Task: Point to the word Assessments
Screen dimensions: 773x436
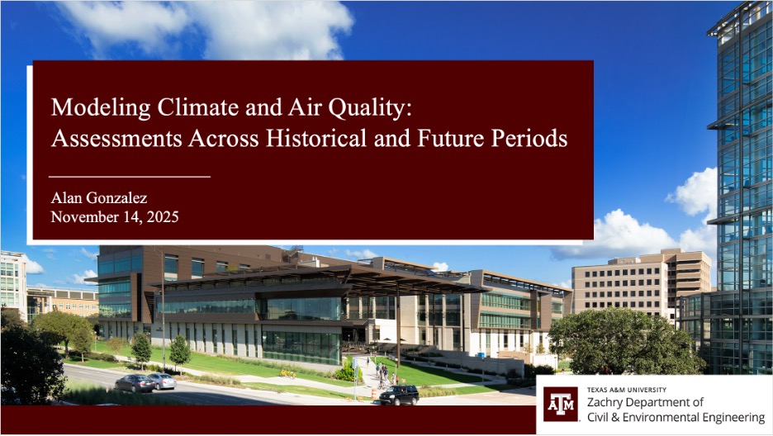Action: [116, 139]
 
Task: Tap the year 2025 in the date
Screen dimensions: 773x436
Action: [163, 217]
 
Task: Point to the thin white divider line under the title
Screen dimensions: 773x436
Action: [130, 176]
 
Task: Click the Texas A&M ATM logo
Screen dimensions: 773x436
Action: [561, 404]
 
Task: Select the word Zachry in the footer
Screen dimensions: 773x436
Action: [602, 402]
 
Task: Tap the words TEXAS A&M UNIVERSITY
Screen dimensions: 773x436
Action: [627, 390]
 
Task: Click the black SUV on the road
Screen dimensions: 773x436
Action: [399, 395]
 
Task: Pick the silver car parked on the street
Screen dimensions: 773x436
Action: [162, 381]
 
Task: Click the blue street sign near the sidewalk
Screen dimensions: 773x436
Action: [355, 364]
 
